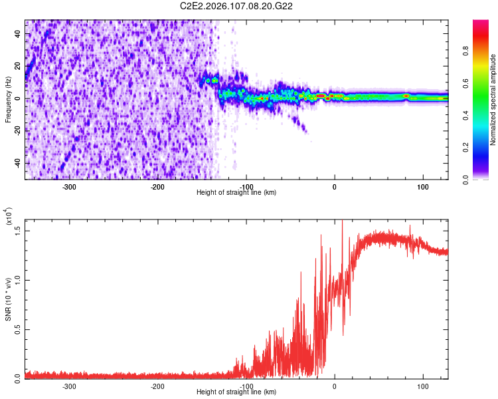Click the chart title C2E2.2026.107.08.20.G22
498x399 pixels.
click(237, 6)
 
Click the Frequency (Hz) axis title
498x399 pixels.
click(9, 100)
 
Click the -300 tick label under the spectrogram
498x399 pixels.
click(70, 187)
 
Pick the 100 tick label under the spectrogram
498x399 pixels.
click(422, 187)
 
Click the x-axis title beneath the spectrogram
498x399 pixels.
click(236, 193)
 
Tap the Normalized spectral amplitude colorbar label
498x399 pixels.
click(493, 100)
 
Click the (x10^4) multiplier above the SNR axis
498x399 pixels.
click(9, 217)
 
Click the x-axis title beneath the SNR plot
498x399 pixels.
click(236, 392)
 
